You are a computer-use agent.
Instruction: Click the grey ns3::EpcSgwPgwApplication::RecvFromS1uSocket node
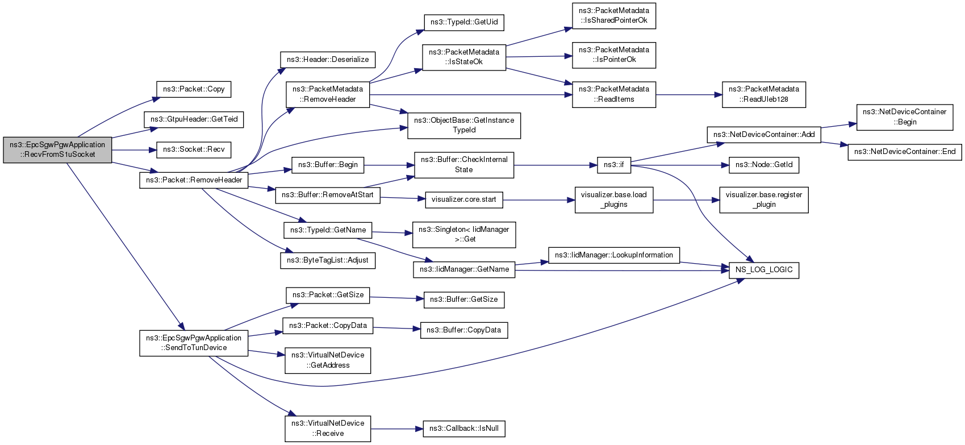pyautogui.click(x=57, y=149)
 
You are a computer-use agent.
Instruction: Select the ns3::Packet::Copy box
pyautogui.click(x=194, y=89)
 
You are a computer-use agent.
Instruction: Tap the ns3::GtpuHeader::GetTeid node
pyautogui.click(x=194, y=119)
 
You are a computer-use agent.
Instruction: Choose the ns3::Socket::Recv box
pyautogui.click(x=194, y=149)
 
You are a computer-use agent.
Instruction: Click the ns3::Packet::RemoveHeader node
pyautogui.click(x=194, y=180)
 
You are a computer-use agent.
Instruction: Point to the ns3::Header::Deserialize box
pyautogui.click(x=328, y=60)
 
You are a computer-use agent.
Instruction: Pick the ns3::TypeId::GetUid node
pyautogui.click(x=464, y=22)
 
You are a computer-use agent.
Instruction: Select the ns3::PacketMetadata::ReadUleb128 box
pyautogui.click(x=764, y=94)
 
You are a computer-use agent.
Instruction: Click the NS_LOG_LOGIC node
pyautogui.click(x=764, y=270)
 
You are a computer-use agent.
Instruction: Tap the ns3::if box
pyautogui.click(x=614, y=165)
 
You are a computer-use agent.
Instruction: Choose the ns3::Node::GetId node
pyautogui.click(x=764, y=165)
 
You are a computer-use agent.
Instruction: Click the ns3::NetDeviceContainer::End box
pyautogui.click(x=905, y=152)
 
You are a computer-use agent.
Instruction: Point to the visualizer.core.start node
pyautogui.click(x=464, y=199)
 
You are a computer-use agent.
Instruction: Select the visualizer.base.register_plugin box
pyautogui.click(x=764, y=199)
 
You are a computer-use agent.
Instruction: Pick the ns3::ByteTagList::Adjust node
pyautogui.click(x=328, y=260)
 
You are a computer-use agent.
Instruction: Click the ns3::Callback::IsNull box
pyautogui.click(x=464, y=429)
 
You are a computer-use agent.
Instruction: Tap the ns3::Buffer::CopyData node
pyautogui.click(x=464, y=330)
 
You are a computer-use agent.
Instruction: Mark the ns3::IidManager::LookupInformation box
pyautogui.click(x=614, y=255)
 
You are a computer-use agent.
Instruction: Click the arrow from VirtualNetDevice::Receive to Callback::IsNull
pyautogui.click(x=397, y=429)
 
